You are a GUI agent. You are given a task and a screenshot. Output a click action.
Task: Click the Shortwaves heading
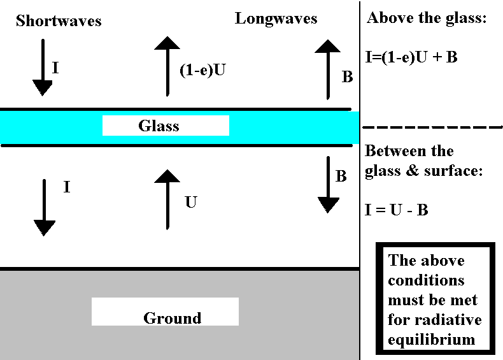click(59, 21)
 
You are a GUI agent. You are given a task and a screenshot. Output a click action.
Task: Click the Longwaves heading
click(276, 18)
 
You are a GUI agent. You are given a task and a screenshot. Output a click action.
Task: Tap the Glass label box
click(165, 126)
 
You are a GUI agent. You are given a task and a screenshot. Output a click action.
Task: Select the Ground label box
click(165, 312)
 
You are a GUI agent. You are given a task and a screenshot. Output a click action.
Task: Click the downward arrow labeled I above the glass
click(42, 66)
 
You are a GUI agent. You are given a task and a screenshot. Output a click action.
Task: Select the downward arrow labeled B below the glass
click(328, 184)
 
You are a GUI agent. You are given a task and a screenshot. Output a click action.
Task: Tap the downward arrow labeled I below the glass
click(45, 207)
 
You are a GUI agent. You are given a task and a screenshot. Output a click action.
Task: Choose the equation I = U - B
click(396, 210)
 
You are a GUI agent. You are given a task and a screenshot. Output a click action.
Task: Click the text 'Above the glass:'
click(427, 18)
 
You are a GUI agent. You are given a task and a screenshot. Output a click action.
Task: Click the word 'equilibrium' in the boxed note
click(431, 339)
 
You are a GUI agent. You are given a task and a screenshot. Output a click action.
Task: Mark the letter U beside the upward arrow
click(190, 203)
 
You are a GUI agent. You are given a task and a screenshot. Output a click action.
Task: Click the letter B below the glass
click(341, 176)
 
